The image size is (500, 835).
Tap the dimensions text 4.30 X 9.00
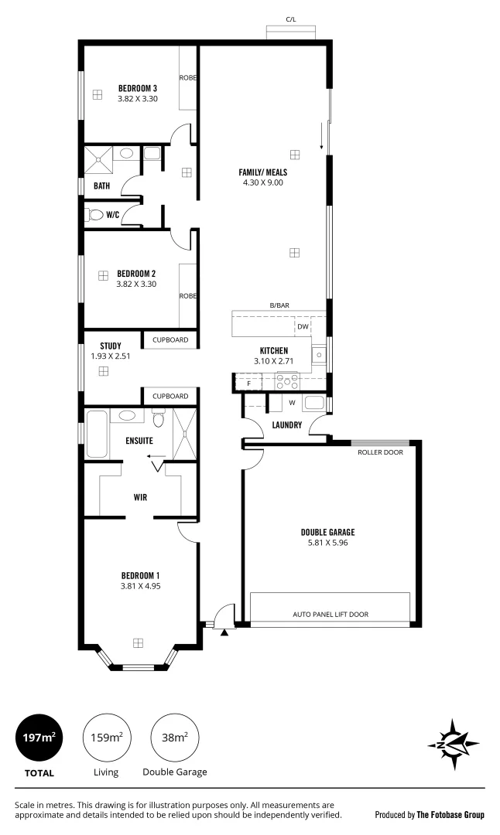tap(261, 182)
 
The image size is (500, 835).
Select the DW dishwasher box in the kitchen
tap(303, 327)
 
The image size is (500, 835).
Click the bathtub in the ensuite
tap(97, 435)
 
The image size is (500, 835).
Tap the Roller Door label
tap(380, 452)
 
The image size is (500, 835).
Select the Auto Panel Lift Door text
tap(330, 615)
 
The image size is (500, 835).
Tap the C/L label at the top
tap(290, 19)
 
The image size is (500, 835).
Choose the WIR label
tap(140, 497)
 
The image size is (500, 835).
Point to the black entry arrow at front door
tap(224, 632)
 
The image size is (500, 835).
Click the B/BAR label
tap(279, 306)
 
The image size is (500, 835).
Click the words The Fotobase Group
tap(450, 814)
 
